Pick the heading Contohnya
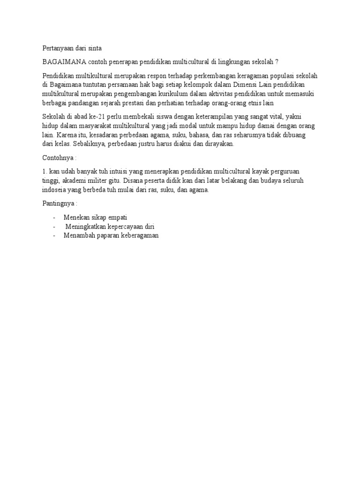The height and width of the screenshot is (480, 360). [57, 159]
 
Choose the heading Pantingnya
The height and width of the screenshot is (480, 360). [58, 204]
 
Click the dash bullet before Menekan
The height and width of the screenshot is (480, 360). [55, 218]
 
